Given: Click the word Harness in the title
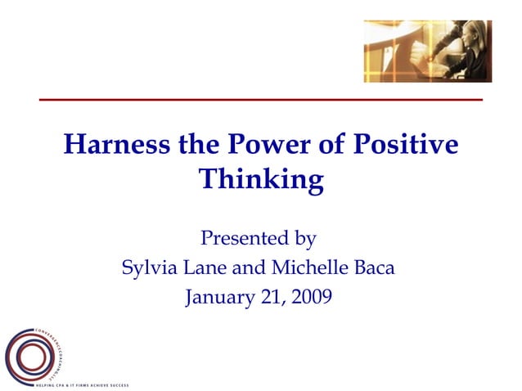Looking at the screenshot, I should click(116, 145).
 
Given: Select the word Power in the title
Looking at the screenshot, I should click(274, 145).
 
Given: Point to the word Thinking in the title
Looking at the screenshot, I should click(261, 179).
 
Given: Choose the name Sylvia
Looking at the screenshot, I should click(149, 267).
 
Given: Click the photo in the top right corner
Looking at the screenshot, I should click(427, 51).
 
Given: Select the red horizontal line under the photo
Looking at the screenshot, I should click(261, 99).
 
